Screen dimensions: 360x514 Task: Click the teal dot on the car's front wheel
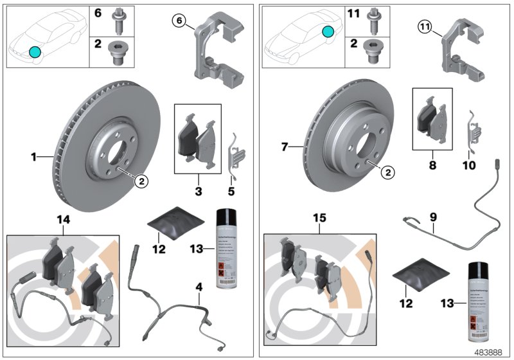35,52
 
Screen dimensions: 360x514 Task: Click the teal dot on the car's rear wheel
328,31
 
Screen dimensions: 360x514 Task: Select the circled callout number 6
181,22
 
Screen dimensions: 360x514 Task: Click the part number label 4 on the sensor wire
199,297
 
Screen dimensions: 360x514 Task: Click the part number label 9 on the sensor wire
434,218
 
